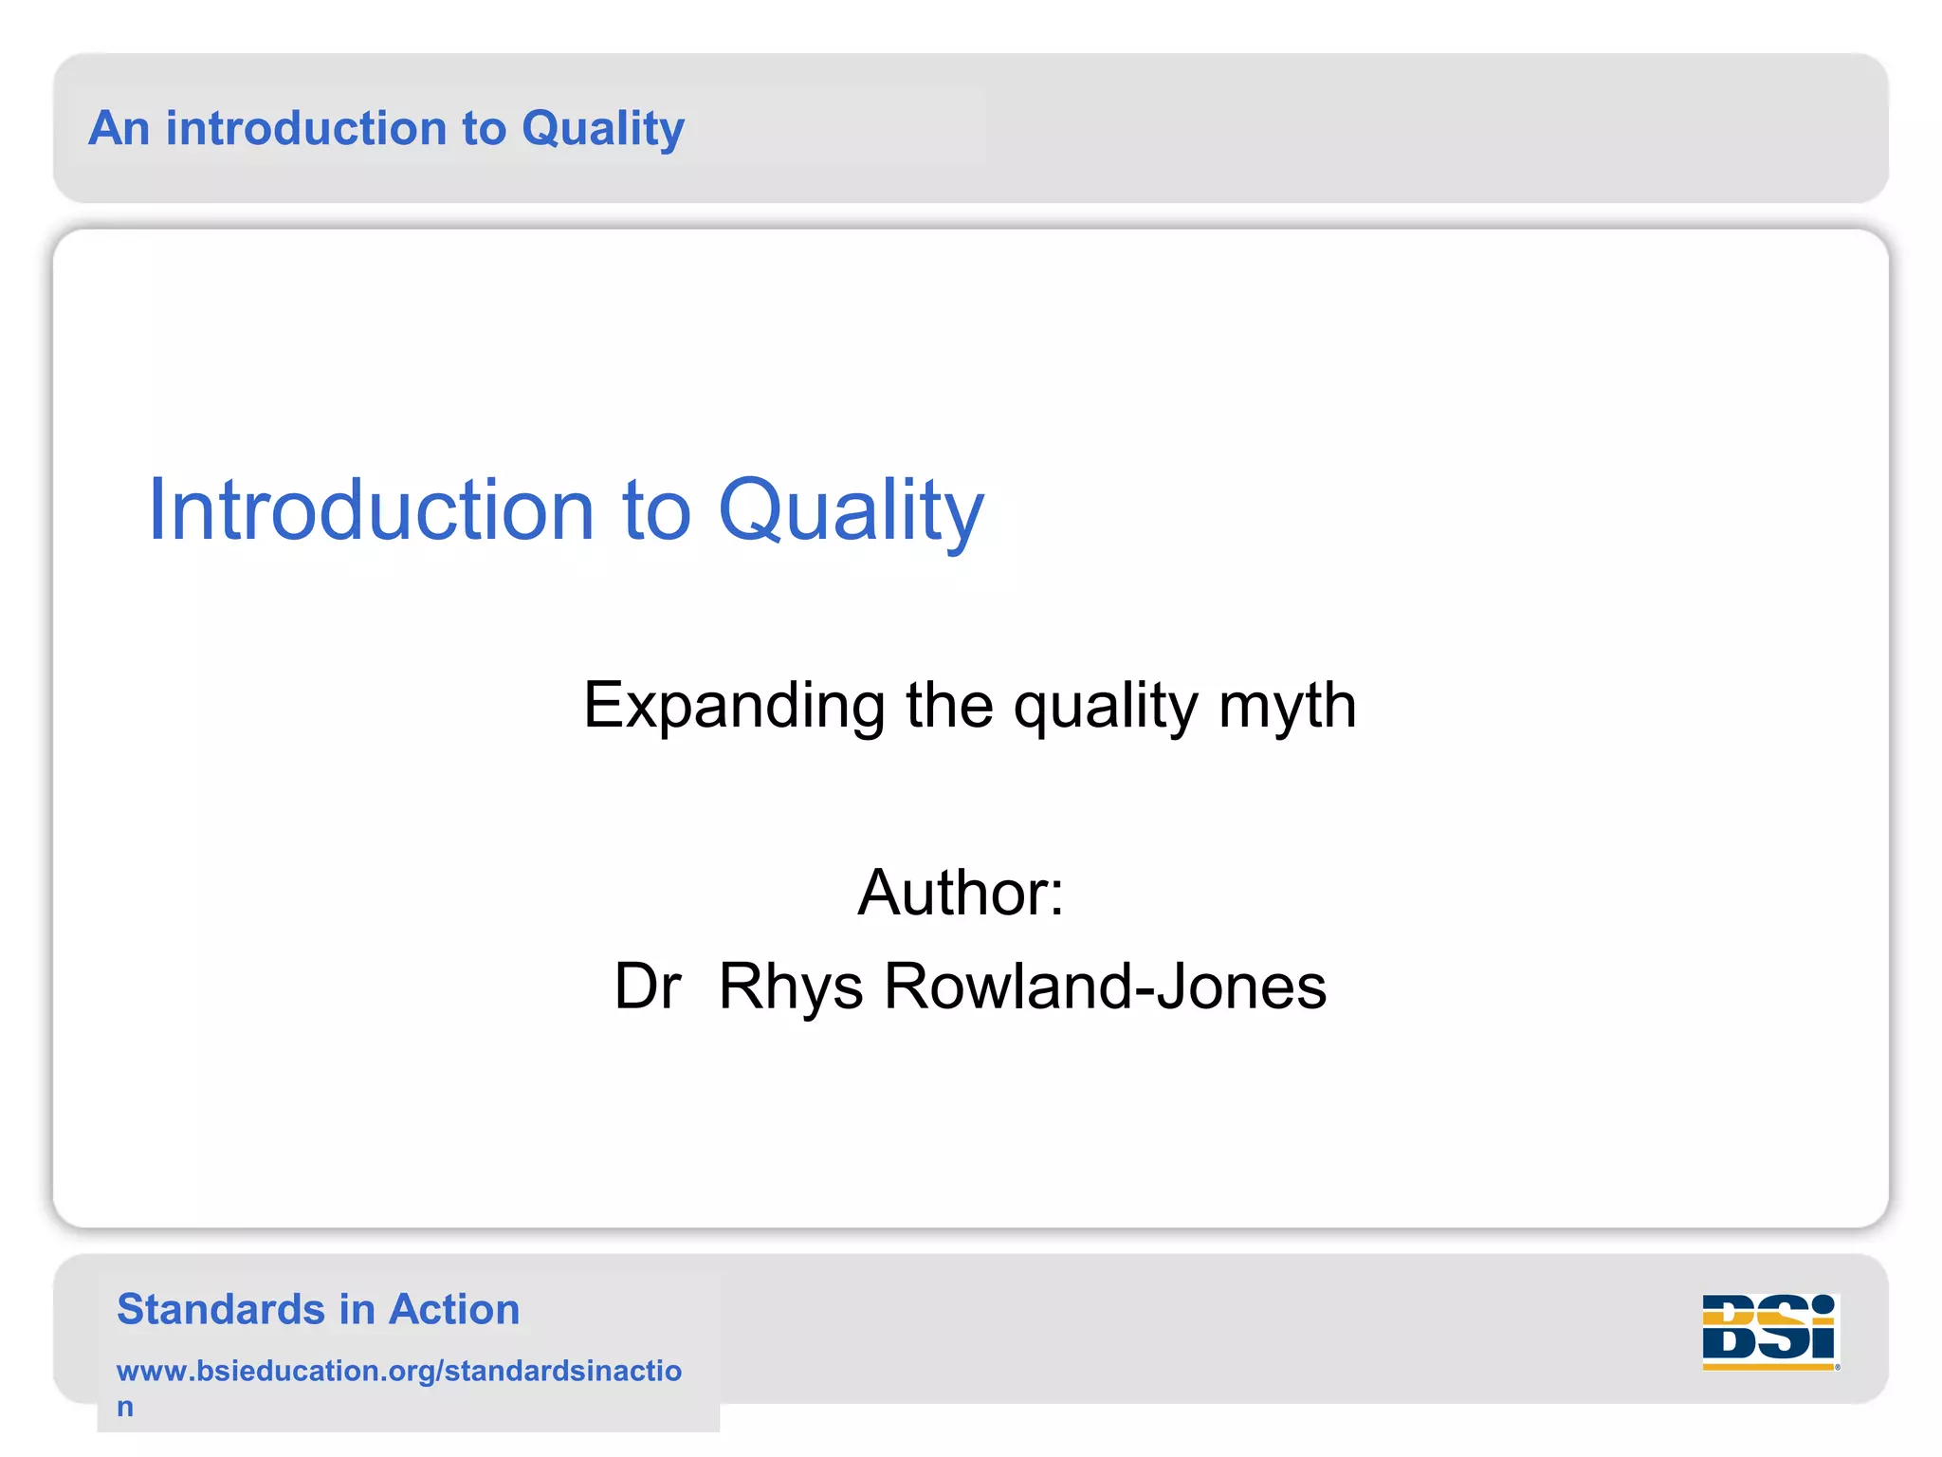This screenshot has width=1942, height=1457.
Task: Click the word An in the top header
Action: (119, 128)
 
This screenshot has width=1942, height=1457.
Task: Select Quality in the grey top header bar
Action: (602, 130)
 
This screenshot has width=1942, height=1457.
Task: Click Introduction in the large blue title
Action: (371, 510)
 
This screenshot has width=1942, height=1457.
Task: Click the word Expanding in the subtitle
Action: (733, 707)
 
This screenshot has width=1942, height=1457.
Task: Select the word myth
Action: (1287, 707)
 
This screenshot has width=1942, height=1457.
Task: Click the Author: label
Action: (961, 893)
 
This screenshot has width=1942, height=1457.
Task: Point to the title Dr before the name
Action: (648, 987)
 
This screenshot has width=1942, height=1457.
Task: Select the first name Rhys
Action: (791, 987)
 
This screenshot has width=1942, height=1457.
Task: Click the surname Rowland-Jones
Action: (1105, 987)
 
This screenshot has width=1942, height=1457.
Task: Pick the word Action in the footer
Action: (454, 1309)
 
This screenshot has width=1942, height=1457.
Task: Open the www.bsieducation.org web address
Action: (398, 1371)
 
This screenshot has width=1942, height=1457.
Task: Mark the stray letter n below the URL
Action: (125, 1407)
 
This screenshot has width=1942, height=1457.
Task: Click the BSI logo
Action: (1769, 1331)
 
